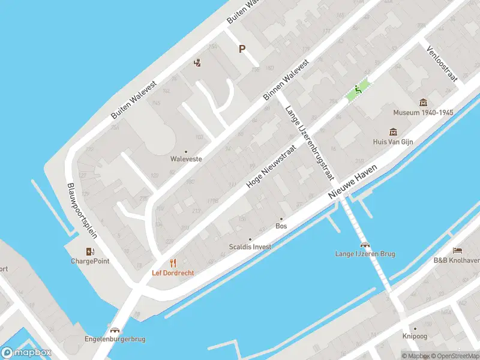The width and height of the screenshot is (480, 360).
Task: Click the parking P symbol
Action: [242, 49]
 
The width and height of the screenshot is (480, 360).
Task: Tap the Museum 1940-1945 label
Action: [423, 112]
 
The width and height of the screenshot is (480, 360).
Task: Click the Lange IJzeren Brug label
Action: [365, 254]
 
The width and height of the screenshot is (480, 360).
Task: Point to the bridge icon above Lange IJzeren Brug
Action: [365, 244]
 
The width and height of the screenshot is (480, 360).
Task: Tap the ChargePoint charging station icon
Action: [90, 251]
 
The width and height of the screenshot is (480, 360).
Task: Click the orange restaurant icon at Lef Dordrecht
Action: [173, 263]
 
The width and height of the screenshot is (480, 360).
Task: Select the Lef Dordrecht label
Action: [173, 272]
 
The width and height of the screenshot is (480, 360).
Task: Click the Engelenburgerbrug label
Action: [115, 339]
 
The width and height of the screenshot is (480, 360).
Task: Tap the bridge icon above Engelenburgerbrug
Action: [115, 329]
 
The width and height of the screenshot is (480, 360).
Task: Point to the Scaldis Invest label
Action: [250, 247]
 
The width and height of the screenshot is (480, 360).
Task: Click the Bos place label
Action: [281, 226]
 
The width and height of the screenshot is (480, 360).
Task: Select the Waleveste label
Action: [186, 160]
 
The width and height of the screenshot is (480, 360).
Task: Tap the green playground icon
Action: [358, 91]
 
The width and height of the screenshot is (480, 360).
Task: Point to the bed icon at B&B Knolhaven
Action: [457, 250]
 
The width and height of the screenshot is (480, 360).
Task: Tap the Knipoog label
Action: [415, 337]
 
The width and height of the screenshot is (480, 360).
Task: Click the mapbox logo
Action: [26, 353]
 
